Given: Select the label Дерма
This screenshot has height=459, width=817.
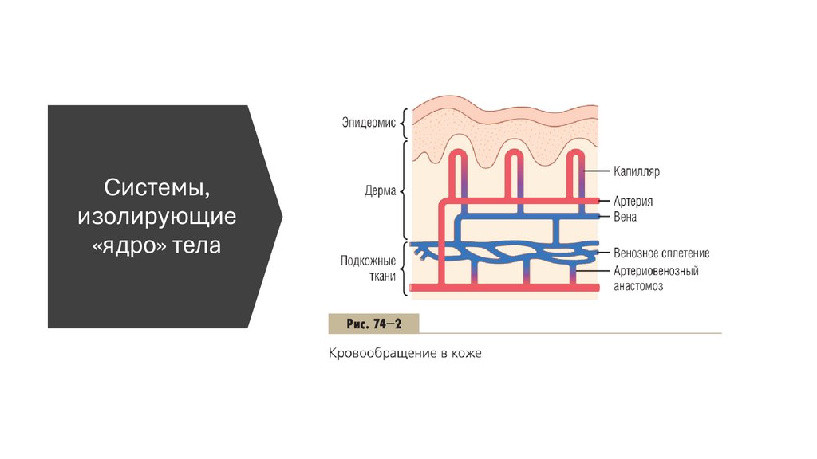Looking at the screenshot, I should coord(379,191).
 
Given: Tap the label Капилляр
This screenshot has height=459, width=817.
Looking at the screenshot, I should coord(637,171).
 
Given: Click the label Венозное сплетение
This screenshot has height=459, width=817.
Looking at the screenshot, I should coord(661,253).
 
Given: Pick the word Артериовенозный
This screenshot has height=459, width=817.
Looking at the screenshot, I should coord(656,271).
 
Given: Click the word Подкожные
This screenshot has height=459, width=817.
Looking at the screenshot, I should coord(368,261).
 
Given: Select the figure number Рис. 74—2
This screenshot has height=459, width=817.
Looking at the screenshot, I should coord(373,324).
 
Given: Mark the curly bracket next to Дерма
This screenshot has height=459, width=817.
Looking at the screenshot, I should coord(405,191).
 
